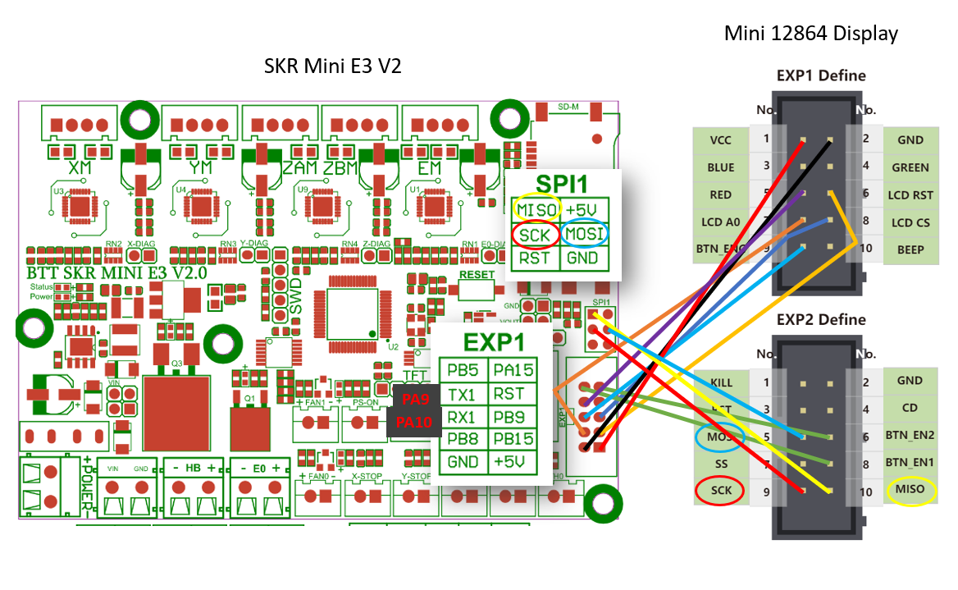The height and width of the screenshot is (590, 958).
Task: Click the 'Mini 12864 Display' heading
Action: (810, 34)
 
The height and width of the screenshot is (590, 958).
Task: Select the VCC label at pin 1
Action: (720, 139)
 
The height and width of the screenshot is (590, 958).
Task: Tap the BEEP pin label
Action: (910, 249)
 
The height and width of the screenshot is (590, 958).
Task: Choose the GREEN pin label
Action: (910, 167)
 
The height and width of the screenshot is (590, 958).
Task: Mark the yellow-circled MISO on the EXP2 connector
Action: (910, 491)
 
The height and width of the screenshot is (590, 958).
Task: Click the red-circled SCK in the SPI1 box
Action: (535, 234)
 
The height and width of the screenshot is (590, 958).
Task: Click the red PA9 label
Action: (415, 400)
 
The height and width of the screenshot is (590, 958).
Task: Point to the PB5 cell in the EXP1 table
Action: (463, 371)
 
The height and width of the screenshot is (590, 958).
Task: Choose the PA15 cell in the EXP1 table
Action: (512, 371)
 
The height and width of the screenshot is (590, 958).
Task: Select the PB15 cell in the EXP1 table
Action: (512, 439)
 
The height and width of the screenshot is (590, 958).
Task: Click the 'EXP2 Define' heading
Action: (821, 319)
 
